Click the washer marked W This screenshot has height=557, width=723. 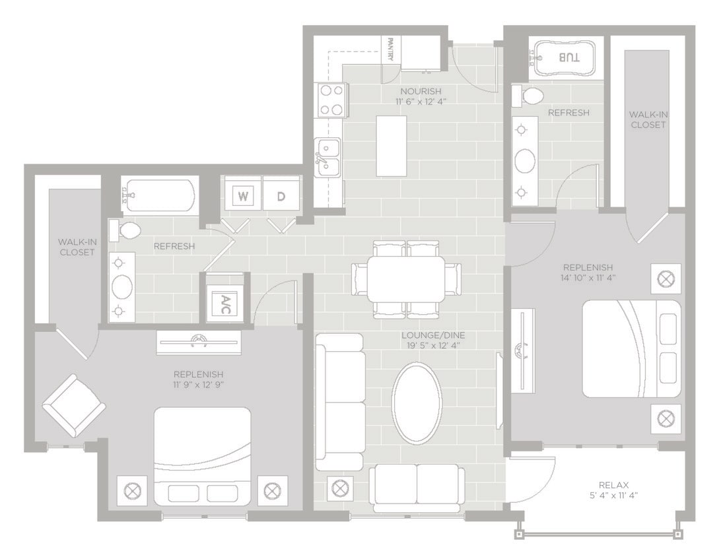point(243,196)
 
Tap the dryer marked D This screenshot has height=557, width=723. point(281,196)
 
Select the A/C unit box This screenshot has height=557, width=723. point(225,304)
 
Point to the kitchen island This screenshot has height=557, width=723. point(392,146)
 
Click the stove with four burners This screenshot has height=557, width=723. point(331,100)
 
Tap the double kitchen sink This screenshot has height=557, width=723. point(327,158)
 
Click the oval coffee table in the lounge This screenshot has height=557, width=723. point(417,402)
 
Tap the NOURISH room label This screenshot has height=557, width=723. point(421,90)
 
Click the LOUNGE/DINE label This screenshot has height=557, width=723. point(433,335)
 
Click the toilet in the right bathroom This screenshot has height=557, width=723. point(529,96)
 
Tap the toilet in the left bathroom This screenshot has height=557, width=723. point(127,231)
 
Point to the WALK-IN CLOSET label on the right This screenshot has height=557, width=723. point(648,119)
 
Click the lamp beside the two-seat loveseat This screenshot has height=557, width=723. point(339,489)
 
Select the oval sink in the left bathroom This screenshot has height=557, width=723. point(122,287)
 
